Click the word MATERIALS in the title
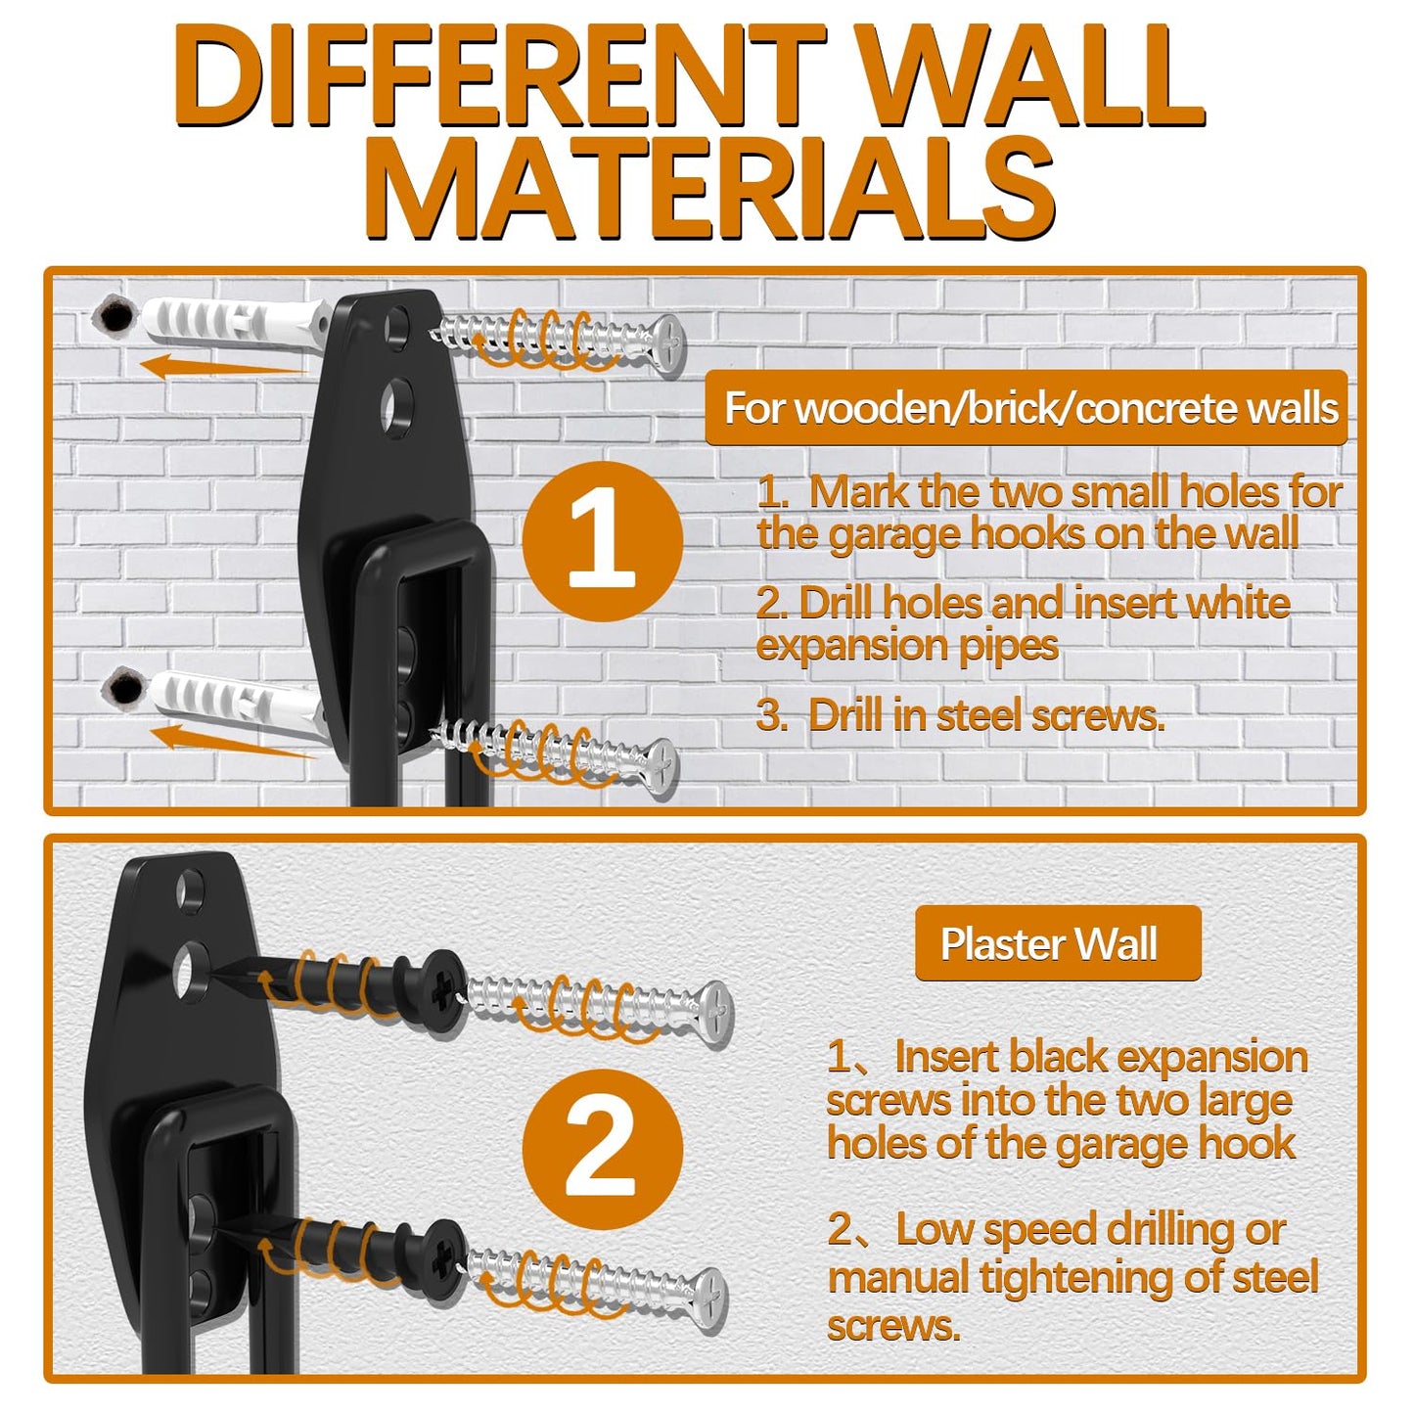click(x=712, y=189)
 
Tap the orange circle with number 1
click(x=602, y=541)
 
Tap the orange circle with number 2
click(x=602, y=1148)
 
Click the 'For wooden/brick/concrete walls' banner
click(x=1027, y=408)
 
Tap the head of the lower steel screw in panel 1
click(x=661, y=764)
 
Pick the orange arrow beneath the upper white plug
click(x=220, y=368)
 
